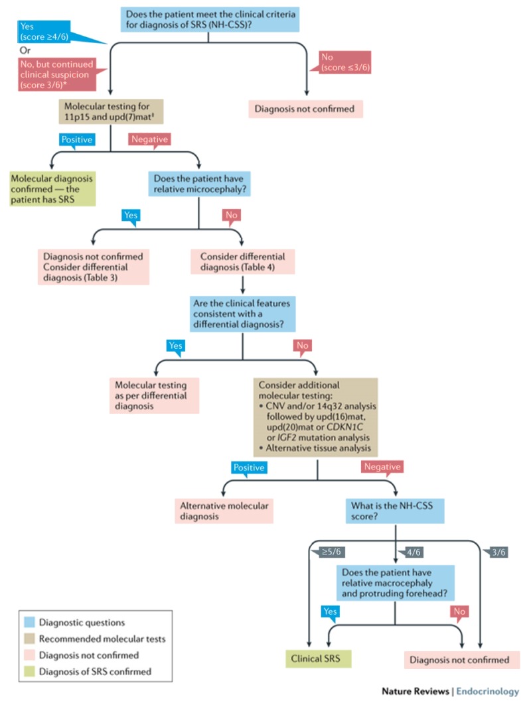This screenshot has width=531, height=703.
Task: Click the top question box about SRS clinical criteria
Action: (x=210, y=19)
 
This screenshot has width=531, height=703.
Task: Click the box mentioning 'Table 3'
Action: (x=93, y=266)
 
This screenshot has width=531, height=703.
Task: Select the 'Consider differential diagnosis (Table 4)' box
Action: (x=242, y=261)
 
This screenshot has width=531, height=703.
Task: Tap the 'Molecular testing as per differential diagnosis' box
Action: (x=154, y=395)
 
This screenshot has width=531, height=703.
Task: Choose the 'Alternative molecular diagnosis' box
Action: (x=224, y=511)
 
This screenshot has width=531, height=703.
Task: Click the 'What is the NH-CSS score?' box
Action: (x=395, y=511)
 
